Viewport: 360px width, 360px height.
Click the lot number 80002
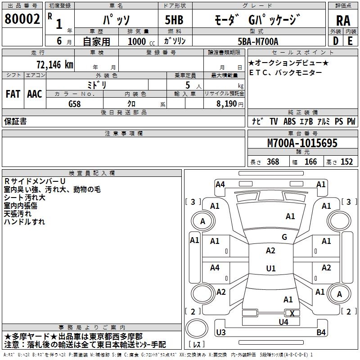[x=22, y=19]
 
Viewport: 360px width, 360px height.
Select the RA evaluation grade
[x=343, y=21]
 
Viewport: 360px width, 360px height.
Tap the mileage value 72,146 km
[x=55, y=65]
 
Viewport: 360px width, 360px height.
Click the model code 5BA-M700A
[x=258, y=41]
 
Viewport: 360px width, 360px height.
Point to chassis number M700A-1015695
[x=302, y=143]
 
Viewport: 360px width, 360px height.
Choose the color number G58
[x=75, y=104]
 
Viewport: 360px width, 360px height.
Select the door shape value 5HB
[x=174, y=20]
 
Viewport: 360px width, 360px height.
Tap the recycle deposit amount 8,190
[x=226, y=104]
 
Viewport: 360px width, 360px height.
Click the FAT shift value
[x=13, y=94]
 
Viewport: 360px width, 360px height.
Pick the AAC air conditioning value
[x=35, y=94]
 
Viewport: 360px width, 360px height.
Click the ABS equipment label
[x=289, y=121]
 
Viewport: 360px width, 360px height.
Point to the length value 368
[x=273, y=162]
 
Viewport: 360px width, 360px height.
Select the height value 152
[x=346, y=162]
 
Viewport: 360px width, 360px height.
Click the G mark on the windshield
[x=284, y=237]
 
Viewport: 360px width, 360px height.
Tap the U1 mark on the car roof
[x=271, y=268]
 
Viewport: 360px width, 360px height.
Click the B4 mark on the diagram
[x=321, y=332]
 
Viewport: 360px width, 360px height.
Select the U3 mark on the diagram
[x=221, y=332]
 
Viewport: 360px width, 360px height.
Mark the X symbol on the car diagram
[x=292, y=313]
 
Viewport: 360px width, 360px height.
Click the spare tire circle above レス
[x=197, y=328]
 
